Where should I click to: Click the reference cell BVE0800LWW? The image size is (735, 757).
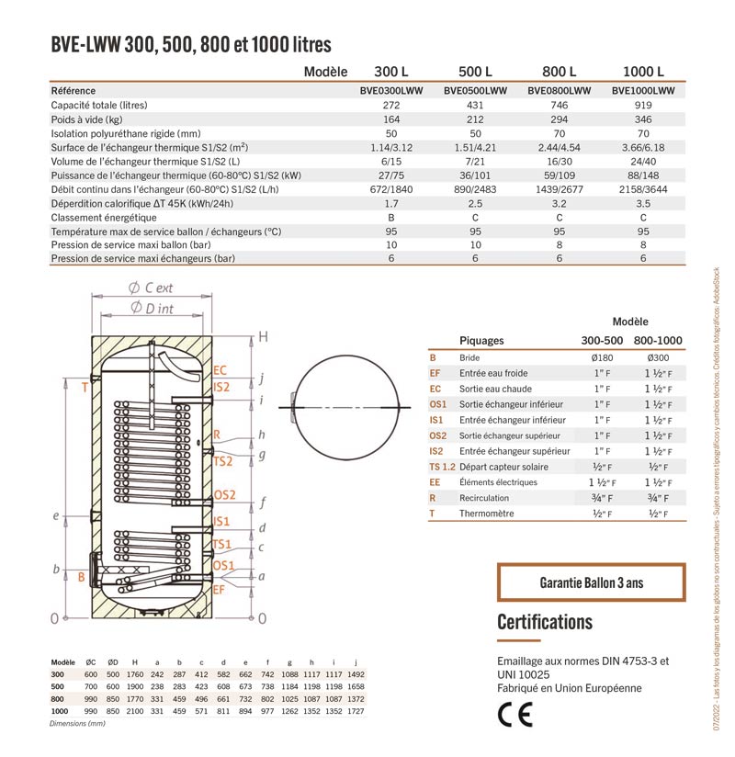pyautogui.click(x=560, y=91)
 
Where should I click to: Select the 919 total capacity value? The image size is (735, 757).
pyautogui.click(x=642, y=106)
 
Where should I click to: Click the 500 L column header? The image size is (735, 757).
pyautogui.click(x=475, y=73)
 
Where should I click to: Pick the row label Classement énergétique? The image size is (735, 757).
pyautogui.click(x=104, y=218)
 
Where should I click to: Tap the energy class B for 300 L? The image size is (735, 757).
pyautogui.click(x=390, y=218)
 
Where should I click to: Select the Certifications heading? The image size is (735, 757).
pyautogui.click(x=545, y=622)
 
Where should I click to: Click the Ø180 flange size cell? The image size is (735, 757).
pyautogui.click(x=603, y=357)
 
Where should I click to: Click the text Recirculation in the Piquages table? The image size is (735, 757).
pyautogui.click(x=485, y=498)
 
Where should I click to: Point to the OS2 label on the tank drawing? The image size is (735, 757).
pyautogui.click(x=225, y=494)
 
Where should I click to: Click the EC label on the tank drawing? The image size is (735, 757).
pyautogui.click(x=220, y=371)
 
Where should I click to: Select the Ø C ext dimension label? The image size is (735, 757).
pyautogui.click(x=153, y=288)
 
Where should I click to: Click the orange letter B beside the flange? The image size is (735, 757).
pyautogui.click(x=82, y=577)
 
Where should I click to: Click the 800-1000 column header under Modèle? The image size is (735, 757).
pyautogui.click(x=658, y=340)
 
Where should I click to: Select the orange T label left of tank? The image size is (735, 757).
pyautogui.click(x=84, y=388)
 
